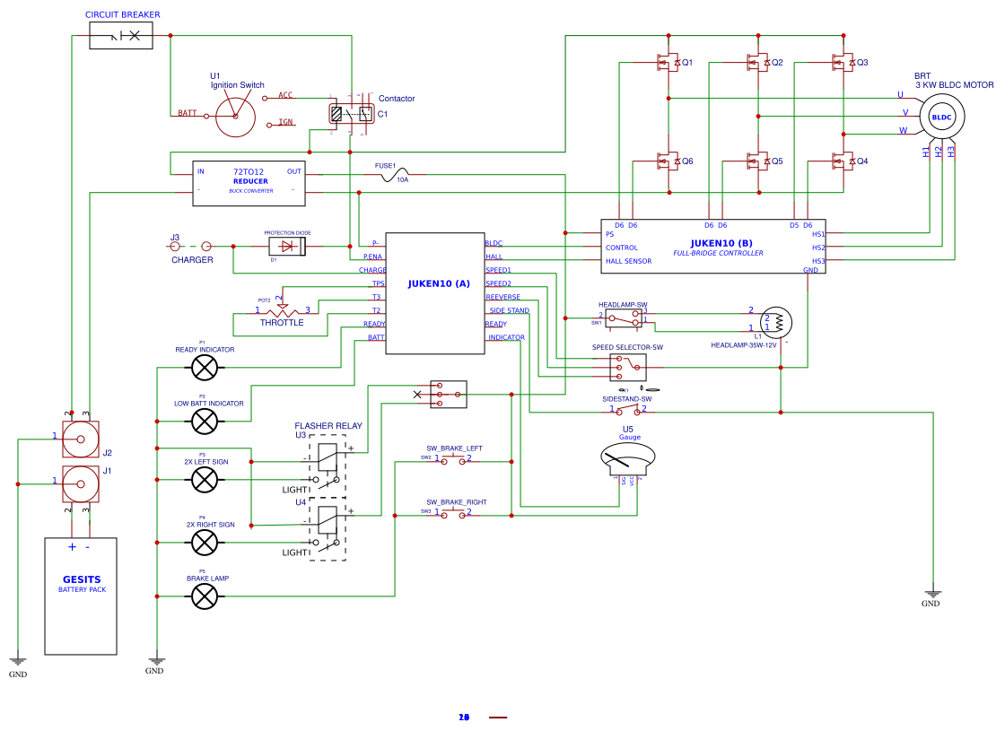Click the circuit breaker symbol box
(121, 36)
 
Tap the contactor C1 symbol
(351, 114)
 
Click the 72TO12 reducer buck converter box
(249, 183)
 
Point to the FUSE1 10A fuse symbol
(396, 176)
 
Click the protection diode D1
(287, 246)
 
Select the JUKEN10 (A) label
(439, 283)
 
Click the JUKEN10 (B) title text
(721, 243)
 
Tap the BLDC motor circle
(941, 117)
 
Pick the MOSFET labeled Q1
(668, 63)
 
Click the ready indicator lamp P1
(205, 367)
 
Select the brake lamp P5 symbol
(205, 596)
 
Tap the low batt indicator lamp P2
(205, 421)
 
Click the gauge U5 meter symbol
(627, 458)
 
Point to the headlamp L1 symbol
(776, 321)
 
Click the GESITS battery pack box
(81, 596)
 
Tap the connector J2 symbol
(81, 439)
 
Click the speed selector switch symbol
(628, 366)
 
